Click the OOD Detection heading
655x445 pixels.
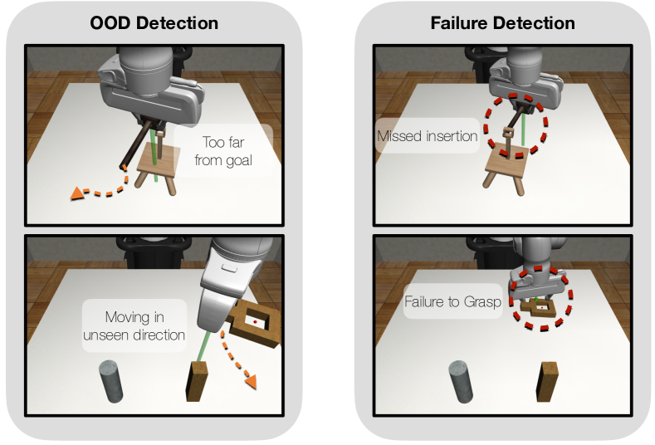[x=154, y=23]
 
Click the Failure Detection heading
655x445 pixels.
[x=502, y=23]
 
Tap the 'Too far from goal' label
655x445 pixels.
[x=223, y=151]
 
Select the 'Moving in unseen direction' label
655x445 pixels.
[x=134, y=326]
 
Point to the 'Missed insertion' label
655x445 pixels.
[x=427, y=136]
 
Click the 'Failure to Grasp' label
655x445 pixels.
[x=452, y=301]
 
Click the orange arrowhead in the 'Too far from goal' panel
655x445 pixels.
[x=77, y=193]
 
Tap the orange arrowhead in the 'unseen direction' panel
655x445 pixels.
[x=251, y=382]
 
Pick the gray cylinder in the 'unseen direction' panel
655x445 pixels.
[x=111, y=381]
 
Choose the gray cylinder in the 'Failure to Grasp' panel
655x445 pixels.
[x=461, y=382]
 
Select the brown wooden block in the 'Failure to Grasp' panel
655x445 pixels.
[x=547, y=382]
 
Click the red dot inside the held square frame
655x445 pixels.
[x=255, y=322]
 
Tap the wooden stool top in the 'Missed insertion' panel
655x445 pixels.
[x=507, y=160]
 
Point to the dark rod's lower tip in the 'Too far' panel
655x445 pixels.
[x=123, y=167]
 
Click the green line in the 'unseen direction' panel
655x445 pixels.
[x=203, y=348]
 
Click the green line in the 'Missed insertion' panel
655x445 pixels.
[x=523, y=130]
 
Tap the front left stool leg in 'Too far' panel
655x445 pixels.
[x=141, y=179]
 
